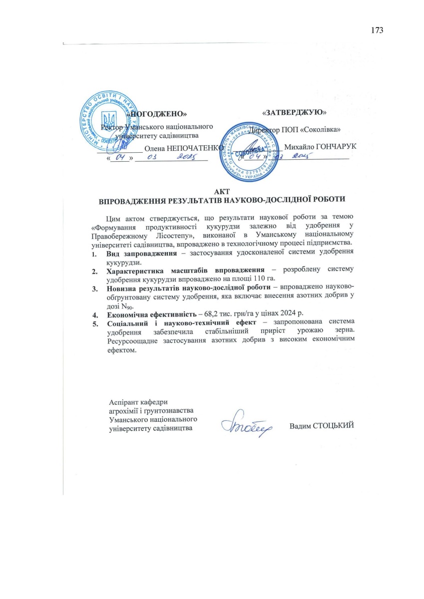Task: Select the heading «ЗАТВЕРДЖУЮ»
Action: pos(295,112)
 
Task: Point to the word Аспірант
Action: pos(123,402)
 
